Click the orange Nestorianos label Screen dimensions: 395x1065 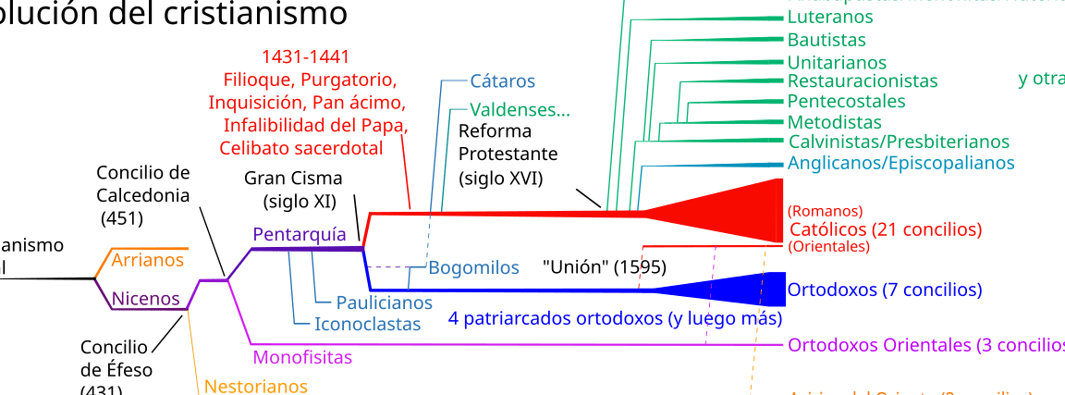[255, 385]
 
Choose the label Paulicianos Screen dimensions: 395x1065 [384, 302]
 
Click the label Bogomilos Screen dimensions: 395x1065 [473, 268]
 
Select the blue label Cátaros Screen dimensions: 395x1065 [502, 81]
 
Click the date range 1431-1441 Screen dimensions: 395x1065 [304, 56]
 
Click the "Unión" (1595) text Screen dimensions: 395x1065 [605, 267]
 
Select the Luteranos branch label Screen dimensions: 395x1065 [830, 18]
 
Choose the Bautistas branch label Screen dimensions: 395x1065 [826, 40]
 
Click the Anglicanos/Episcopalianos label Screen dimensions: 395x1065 [900, 163]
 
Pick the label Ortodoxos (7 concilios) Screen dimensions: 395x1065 [884, 290]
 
